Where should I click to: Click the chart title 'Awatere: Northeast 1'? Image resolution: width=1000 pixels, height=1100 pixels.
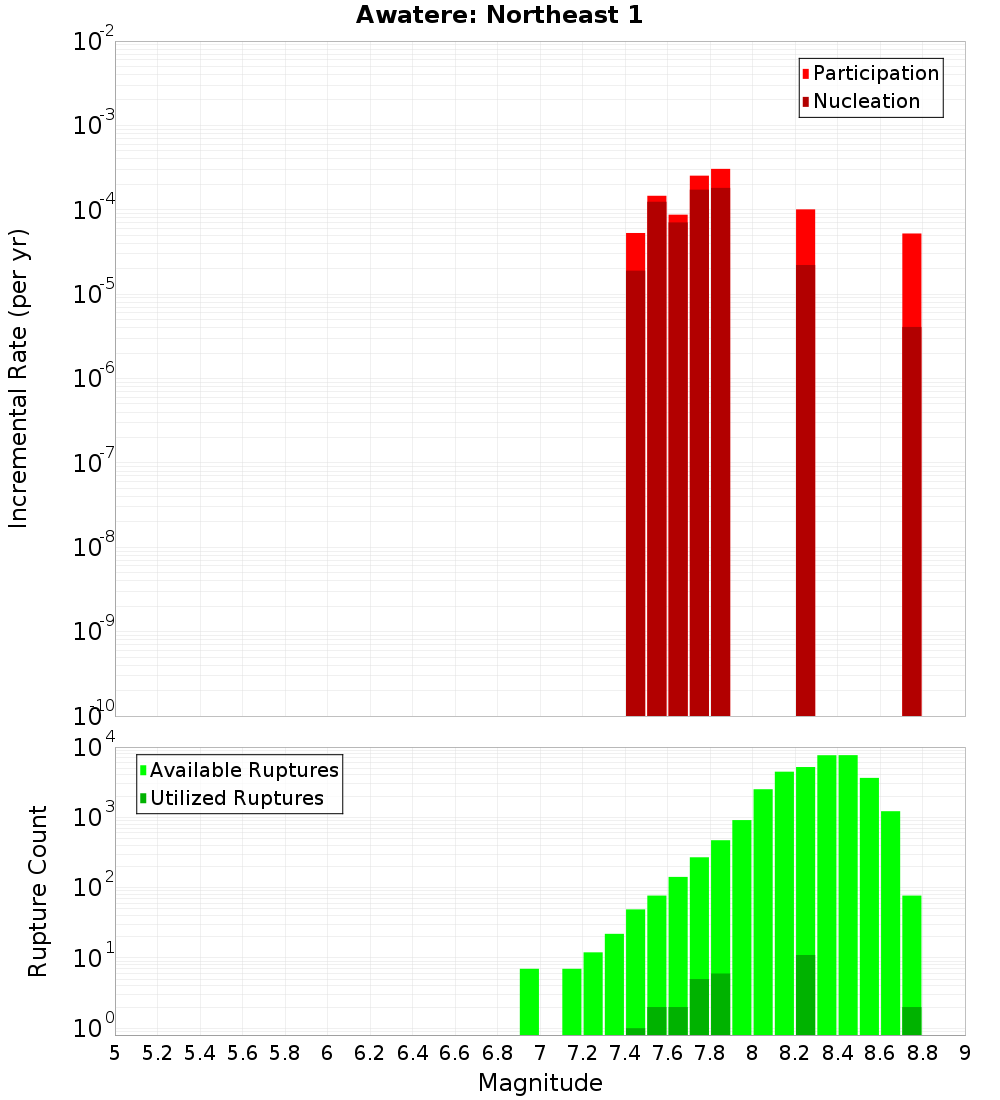[x=499, y=16]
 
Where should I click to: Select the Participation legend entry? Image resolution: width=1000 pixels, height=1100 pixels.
[x=869, y=73]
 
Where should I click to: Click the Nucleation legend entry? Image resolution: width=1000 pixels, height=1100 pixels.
[x=859, y=101]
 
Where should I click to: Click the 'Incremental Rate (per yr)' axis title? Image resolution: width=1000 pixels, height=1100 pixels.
[x=19, y=378]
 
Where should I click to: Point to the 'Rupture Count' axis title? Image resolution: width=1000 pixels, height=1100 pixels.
[x=38, y=891]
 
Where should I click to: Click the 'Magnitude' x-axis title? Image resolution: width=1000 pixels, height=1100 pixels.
[x=540, y=1083]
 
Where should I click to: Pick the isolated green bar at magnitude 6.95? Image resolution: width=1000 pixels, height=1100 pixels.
[x=529, y=1001]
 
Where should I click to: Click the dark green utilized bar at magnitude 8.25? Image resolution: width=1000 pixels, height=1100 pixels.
[x=805, y=995]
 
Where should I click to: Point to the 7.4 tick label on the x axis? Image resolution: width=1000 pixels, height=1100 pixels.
[x=625, y=1053]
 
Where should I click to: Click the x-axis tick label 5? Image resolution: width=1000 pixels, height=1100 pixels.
[x=115, y=1053]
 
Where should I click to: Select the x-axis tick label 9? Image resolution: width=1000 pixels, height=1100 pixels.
[x=965, y=1053]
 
